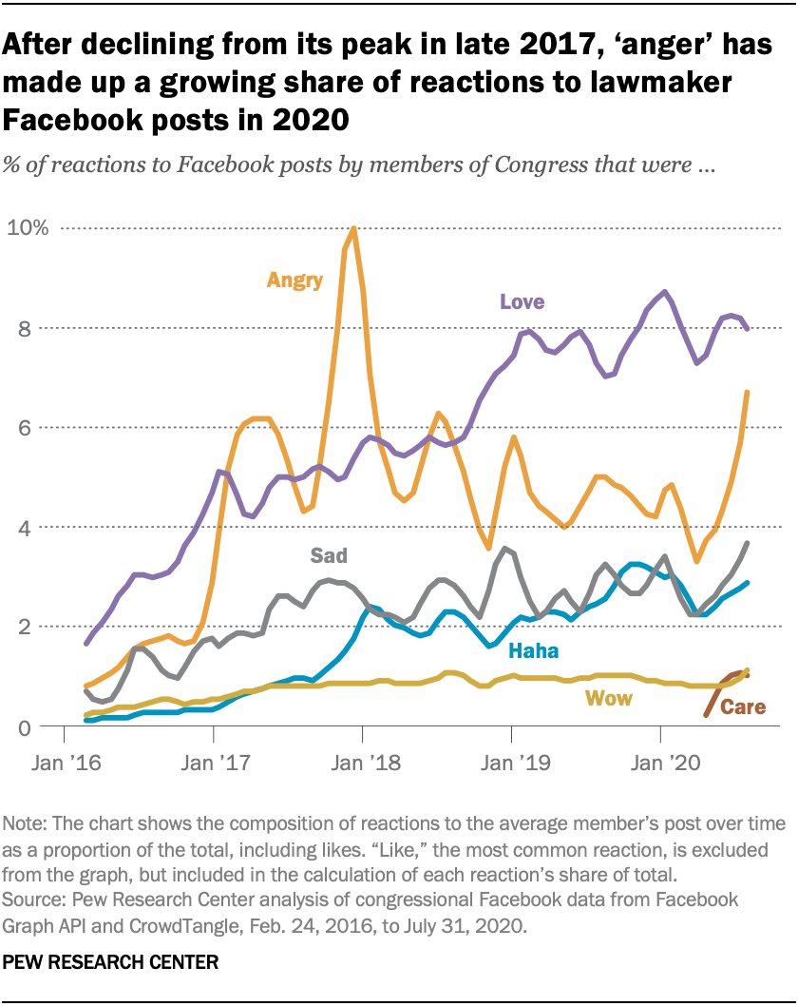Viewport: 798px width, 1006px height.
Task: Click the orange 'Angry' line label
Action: click(x=294, y=280)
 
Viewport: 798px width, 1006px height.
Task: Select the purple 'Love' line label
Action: click(x=522, y=302)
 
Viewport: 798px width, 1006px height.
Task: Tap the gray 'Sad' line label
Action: click(x=329, y=554)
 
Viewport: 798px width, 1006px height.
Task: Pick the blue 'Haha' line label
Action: click(x=533, y=651)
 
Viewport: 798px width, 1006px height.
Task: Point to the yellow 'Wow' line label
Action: click(x=609, y=699)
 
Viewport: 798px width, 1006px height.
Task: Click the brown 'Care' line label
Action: click(x=743, y=707)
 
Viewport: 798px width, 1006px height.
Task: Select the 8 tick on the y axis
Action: click(x=39, y=328)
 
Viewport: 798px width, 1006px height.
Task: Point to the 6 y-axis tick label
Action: click(x=39, y=428)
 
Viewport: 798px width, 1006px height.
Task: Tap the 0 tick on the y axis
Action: click(x=39, y=727)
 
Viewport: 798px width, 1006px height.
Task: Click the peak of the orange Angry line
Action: click(x=353, y=228)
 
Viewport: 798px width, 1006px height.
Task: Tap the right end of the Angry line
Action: click(x=748, y=393)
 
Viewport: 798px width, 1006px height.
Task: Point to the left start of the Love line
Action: click(x=86, y=644)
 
